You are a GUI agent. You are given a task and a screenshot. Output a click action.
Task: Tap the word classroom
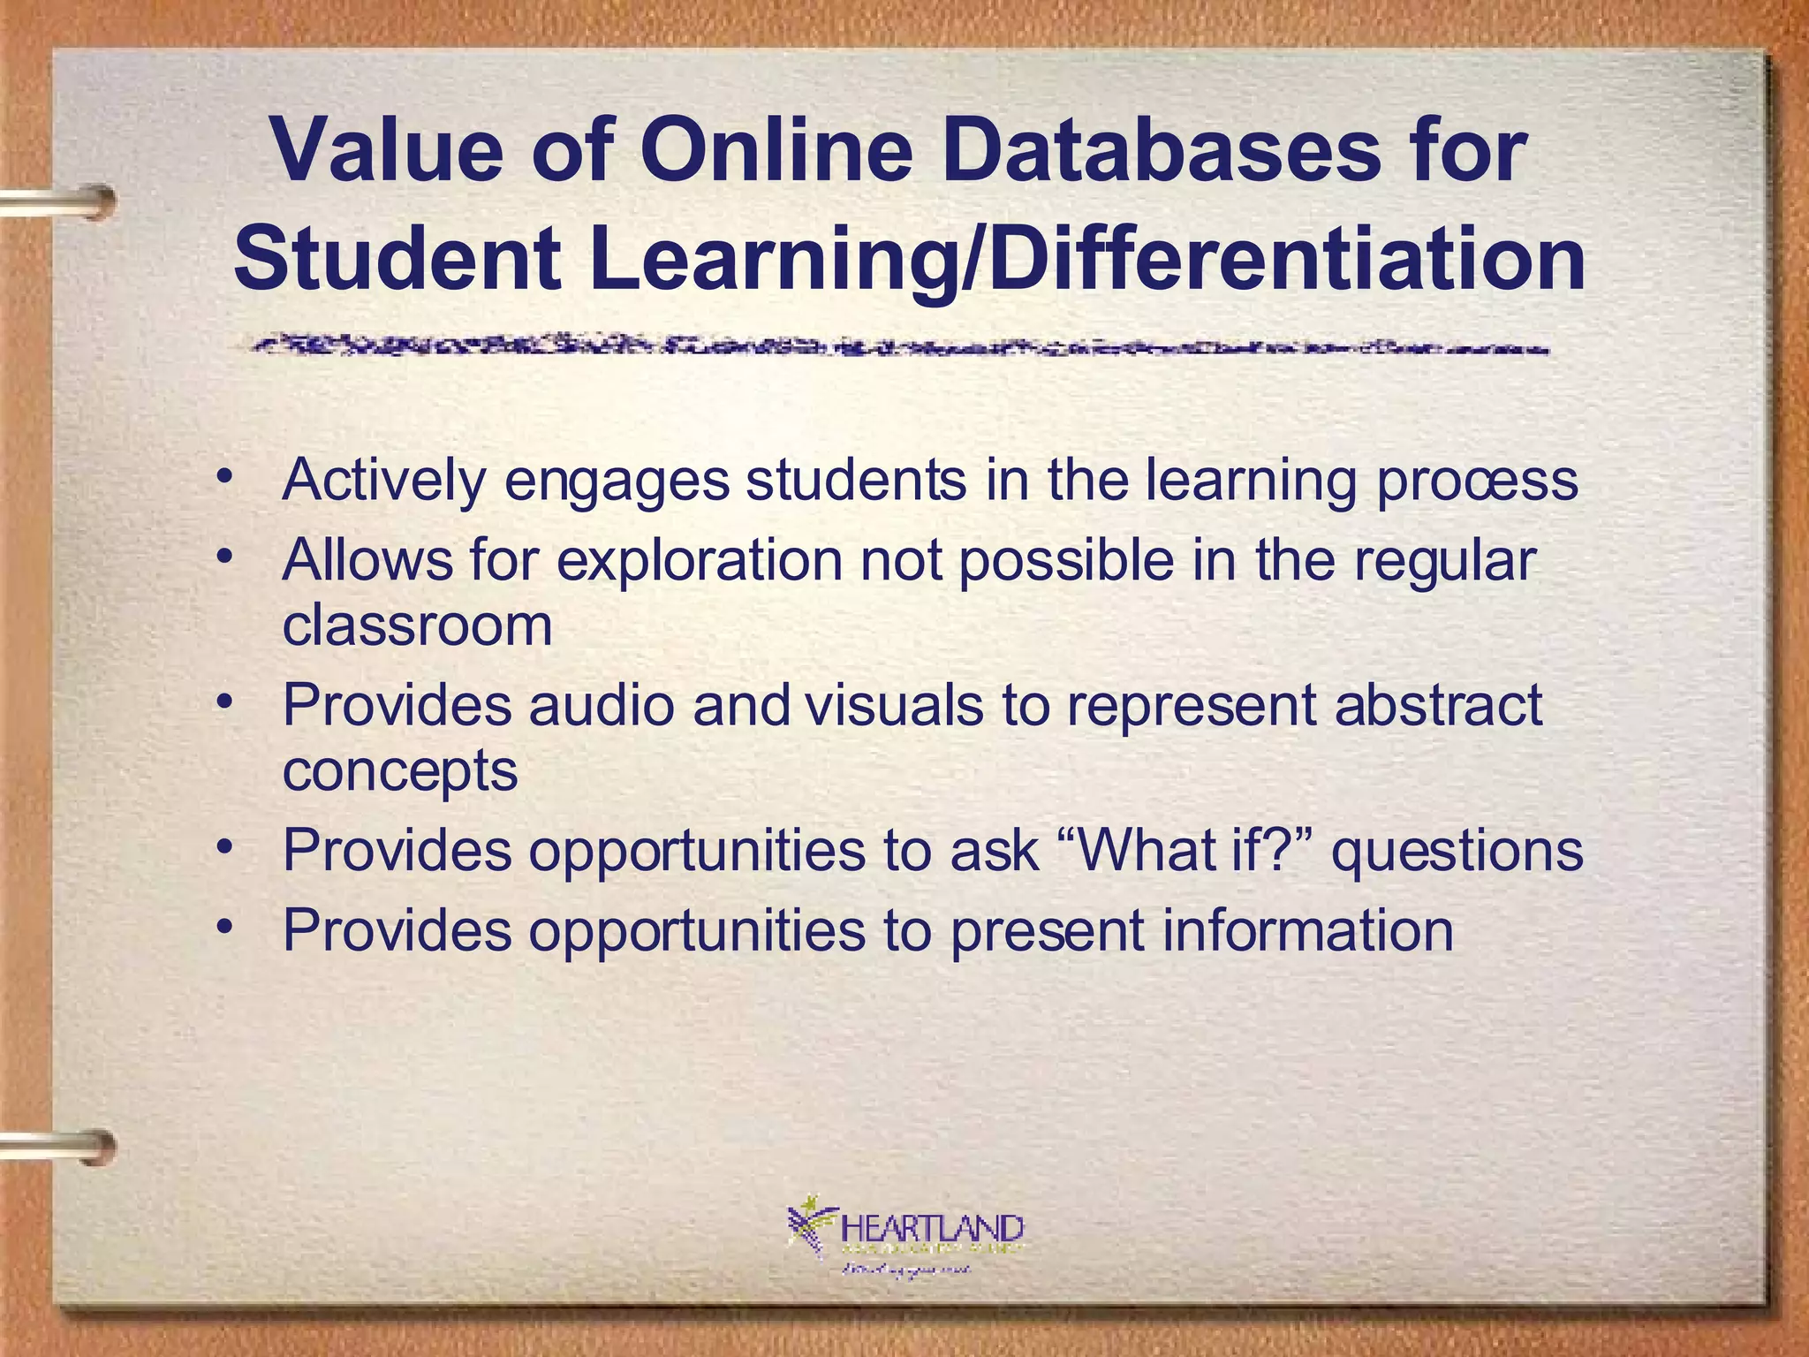(x=417, y=625)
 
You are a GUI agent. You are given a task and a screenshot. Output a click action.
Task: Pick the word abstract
(x=1438, y=706)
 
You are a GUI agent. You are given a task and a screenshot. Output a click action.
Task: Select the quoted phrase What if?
(x=1184, y=851)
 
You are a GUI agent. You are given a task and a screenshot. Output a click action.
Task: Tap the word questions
(x=1457, y=853)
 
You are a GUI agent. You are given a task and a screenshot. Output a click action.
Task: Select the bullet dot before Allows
(x=226, y=557)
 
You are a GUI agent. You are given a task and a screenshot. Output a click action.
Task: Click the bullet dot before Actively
(x=226, y=476)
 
